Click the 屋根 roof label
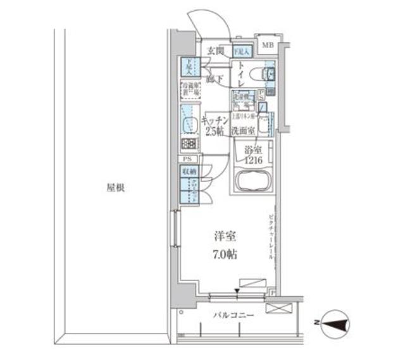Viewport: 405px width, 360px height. (115, 188)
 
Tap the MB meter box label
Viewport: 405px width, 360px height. (268, 44)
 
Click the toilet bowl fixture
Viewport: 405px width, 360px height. (260, 75)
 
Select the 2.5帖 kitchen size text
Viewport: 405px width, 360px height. (213, 132)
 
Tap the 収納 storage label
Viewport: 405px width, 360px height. (189, 171)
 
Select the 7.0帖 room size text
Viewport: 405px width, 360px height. (224, 255)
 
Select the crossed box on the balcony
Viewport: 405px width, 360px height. (277, 309)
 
